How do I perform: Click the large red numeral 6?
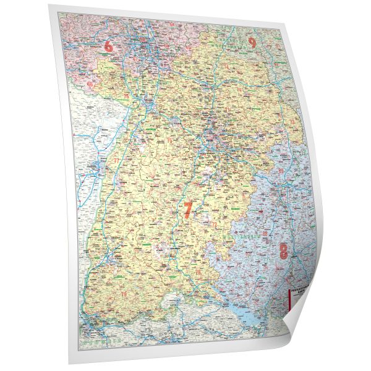click(110, 46)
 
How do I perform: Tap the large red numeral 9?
click(252, 43)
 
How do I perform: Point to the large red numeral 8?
click(283, 251)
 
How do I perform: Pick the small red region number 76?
click(126, 96)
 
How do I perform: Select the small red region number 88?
click(265, 233)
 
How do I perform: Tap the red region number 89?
click(281, 170)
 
